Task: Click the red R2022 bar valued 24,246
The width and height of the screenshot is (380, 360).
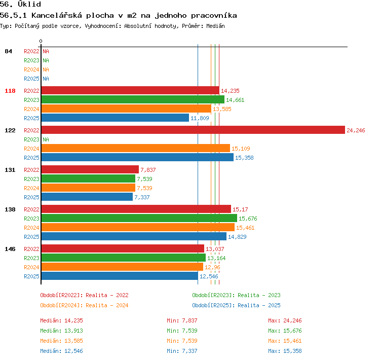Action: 193,130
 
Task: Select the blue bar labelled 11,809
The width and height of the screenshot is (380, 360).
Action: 115,118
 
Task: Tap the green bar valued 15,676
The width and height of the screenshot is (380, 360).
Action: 139,218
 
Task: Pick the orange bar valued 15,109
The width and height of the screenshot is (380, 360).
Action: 136,148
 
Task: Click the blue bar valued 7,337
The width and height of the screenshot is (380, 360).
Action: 87,197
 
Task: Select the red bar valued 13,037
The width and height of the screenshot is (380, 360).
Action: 123,248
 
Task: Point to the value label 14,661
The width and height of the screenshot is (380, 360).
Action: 235,100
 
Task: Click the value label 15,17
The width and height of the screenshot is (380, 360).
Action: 240,209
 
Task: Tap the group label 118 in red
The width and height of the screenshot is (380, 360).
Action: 10,91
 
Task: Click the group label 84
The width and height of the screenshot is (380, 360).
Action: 8,51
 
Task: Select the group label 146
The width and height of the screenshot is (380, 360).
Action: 10,249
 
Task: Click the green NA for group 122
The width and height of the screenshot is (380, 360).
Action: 46,139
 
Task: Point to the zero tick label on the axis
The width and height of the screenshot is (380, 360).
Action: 41,41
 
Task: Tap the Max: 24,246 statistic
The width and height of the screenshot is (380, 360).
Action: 285,320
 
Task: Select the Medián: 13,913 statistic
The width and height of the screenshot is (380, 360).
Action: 61,331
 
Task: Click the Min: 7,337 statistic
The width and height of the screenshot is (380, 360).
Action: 182,351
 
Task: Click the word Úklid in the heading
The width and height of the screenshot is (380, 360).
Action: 29,4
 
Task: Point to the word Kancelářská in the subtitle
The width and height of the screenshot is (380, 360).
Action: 57,15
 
